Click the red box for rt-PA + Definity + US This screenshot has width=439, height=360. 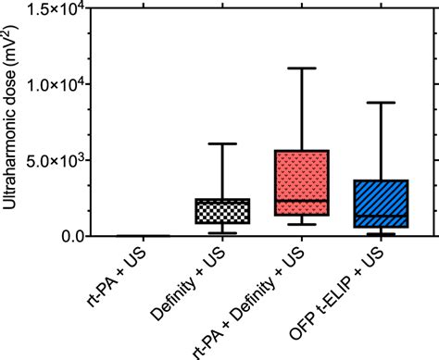pos(302,183)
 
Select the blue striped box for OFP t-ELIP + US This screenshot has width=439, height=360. pos(382,204)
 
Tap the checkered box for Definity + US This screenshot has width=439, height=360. pos(222,211)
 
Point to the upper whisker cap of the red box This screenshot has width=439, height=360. pos(302,68)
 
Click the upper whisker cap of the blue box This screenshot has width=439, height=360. pos(382,103)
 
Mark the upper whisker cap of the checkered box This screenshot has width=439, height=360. pos(222,143)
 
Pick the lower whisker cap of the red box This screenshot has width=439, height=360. pos(302,224)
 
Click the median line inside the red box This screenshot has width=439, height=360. pos(302,201)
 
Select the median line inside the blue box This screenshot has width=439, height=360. pos(382,216)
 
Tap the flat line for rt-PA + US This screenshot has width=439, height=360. pos(143,236)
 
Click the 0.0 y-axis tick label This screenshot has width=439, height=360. pos(72,237)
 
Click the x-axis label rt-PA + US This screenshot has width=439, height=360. pos(116,278)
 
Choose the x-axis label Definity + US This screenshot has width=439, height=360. pos(188,284)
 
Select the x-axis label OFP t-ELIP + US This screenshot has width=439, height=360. pos(336,294)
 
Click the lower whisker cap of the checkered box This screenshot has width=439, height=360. pos(222,233)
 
